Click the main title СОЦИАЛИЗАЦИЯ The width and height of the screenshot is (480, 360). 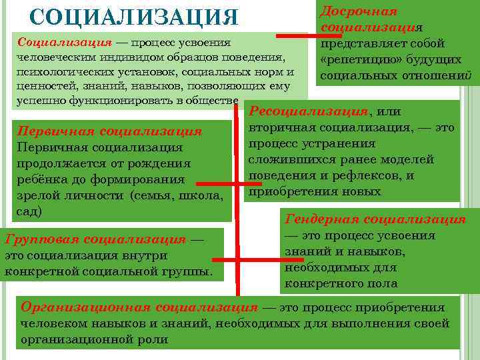[x=134, y=17]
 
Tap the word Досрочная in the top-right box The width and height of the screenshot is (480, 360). [x=359, y=11]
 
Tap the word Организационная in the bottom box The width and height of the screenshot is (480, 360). [x=86, y=308]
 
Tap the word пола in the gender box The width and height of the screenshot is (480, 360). [x=385, y=284]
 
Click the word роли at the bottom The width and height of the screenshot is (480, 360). [x=155, y=339]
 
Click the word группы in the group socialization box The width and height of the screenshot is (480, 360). [x=190, y=272]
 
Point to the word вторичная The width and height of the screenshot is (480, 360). [x=281, y=128]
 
